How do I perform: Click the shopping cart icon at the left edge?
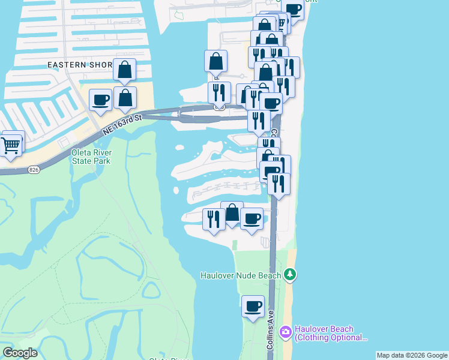(11, 145)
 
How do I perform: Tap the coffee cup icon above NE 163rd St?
(100, 100)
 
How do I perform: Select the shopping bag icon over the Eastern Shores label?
(124, 70)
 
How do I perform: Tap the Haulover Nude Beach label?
(240, 275)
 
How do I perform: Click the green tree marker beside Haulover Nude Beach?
(291, 275)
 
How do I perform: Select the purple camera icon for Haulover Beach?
(285, 331)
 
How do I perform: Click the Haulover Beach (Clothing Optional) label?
(331, 333)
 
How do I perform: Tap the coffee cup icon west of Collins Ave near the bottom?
(253, 307)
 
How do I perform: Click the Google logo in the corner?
(20, 353)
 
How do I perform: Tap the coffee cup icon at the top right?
(294, 9)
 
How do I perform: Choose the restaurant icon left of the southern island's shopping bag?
(214, 219)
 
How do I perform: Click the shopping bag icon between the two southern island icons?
(232, 212)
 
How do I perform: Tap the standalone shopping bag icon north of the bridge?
(215, 61)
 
